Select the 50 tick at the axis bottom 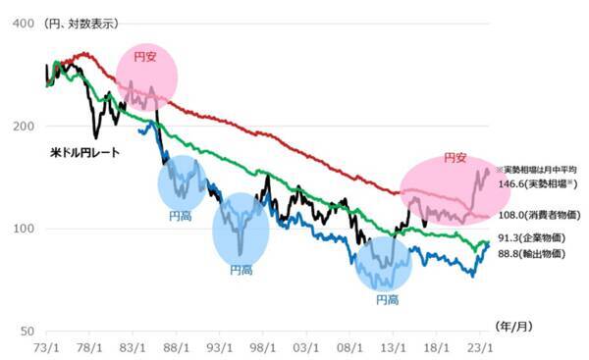click(23, 332)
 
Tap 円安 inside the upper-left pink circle click(146, 57)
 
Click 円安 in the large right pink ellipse click(453, 157)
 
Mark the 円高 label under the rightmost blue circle click(387, 299)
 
